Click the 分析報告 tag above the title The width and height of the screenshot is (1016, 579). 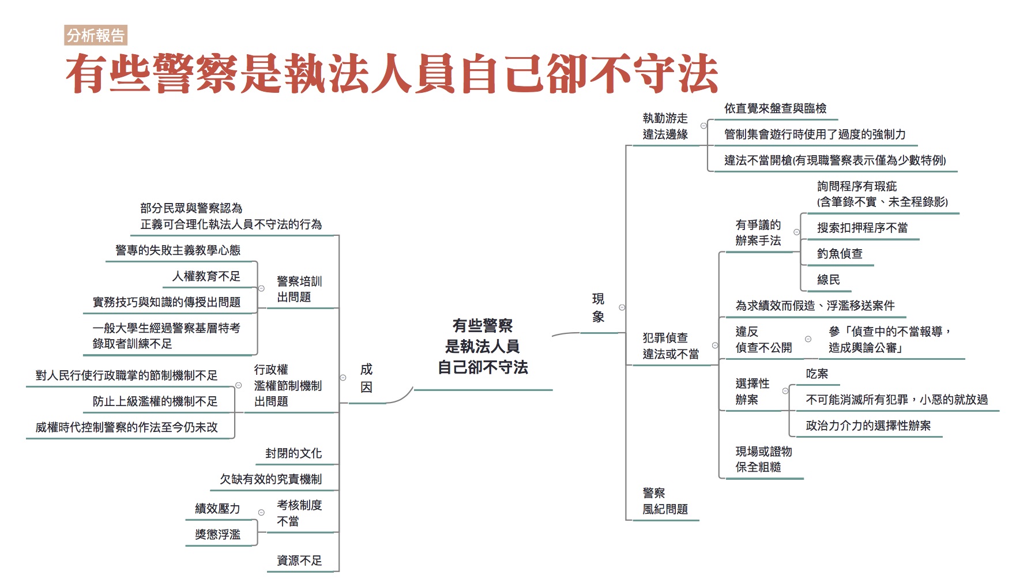[x=96, y=36]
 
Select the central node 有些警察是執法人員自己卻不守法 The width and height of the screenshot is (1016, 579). [x=483, y=347]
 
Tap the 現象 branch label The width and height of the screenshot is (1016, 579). [x=598, y=307]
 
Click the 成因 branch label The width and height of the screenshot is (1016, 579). [x=366, y=378]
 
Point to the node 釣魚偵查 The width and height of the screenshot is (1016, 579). [x=840, y=254]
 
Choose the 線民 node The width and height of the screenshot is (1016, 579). [x=828, y=280]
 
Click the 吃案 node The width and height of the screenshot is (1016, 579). [x=817, y=374]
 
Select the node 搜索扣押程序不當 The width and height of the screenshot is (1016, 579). [x=862, y=228]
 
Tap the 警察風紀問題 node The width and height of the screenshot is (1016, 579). [x=665, y=501]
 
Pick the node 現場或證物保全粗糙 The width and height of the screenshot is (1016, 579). [x=763, y=459]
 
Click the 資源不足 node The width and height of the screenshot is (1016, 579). [x=299, y=560]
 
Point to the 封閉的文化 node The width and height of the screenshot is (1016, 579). [x=293, y=453]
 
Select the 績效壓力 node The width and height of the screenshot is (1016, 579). [x=217, y=508]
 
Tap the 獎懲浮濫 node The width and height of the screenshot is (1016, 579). [x=217, y=534]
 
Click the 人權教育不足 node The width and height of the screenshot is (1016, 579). [x=206, y=276]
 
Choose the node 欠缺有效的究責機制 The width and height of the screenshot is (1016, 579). [x=270, y=479]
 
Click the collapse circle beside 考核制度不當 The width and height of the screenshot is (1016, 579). [x=261, y=513]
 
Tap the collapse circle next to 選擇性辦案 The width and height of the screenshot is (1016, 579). [x=785, y=391]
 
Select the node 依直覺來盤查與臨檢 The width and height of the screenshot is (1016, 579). [x=775, y=108]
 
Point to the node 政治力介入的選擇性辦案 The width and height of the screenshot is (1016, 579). [x=868, y=426]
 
